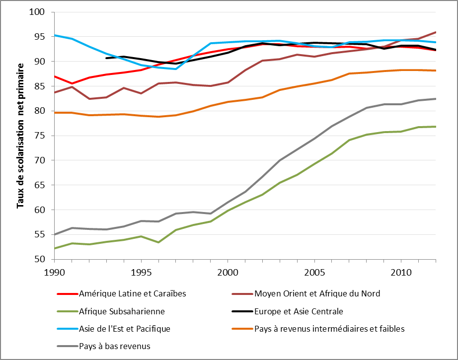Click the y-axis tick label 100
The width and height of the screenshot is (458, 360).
[x=39, y=12]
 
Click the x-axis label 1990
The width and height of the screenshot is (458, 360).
[x=54, y=273]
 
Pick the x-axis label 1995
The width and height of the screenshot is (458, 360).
[x=141, y=273]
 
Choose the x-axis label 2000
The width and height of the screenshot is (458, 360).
[x=228, y=273]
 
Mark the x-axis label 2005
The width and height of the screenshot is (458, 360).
[x=314, y=273]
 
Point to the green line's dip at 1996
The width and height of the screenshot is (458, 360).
[x=158, y=242]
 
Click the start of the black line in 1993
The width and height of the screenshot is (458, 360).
[x=106, y=58]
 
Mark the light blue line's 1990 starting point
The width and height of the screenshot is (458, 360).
[x=55, y=35]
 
